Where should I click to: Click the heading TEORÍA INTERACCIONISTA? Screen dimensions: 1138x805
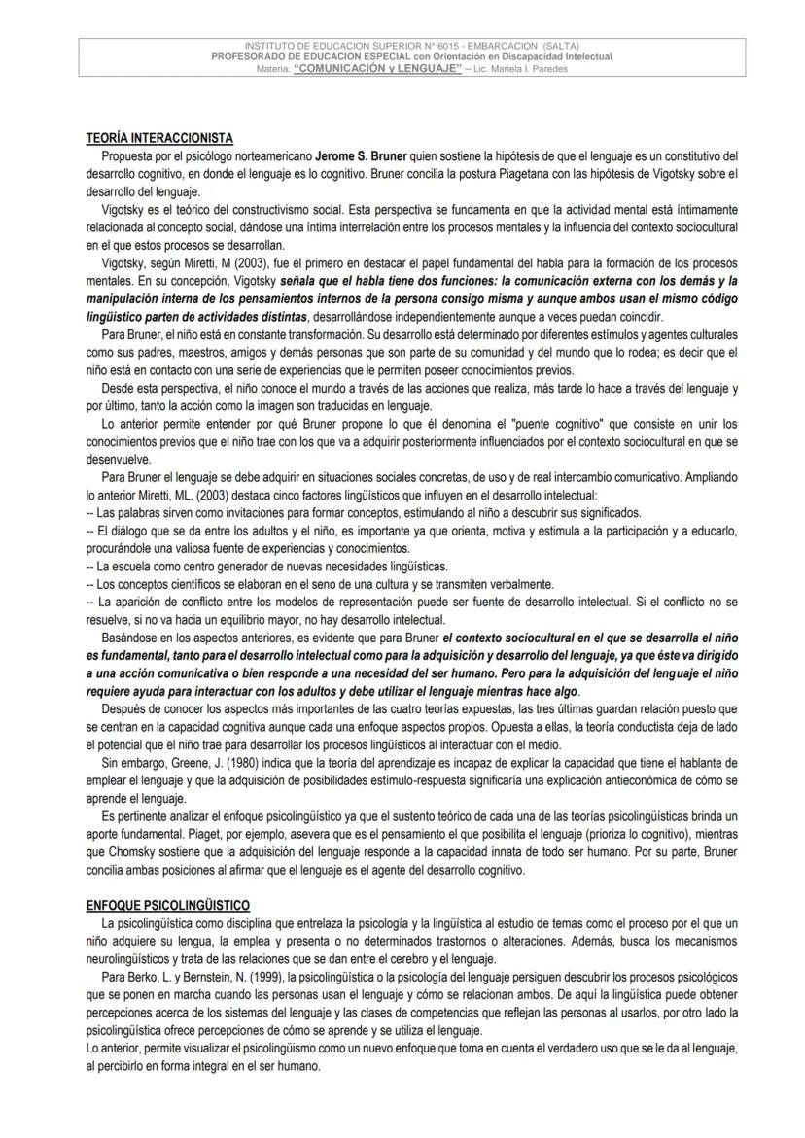[159, 138]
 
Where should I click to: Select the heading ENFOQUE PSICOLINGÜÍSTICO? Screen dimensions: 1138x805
[168, 905]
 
